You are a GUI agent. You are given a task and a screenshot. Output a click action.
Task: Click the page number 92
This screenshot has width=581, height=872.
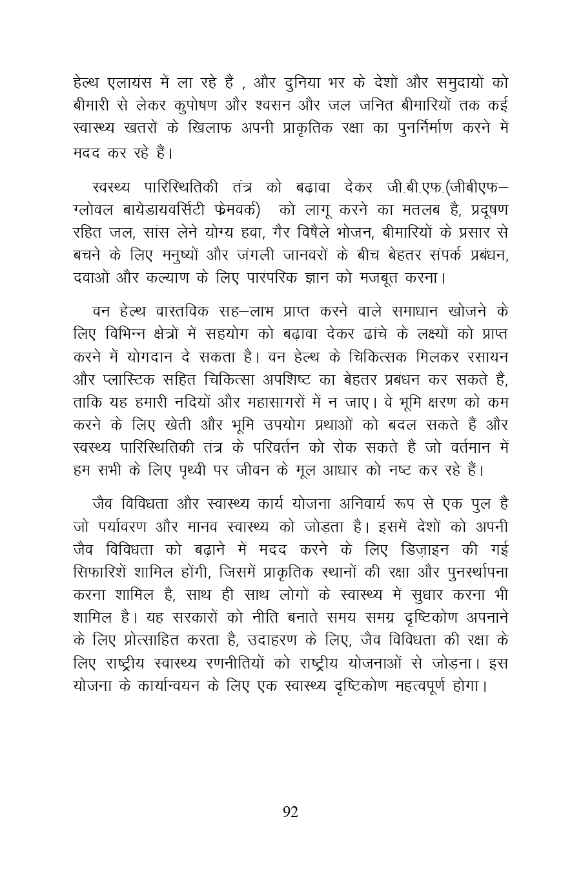click(x=290, y=812)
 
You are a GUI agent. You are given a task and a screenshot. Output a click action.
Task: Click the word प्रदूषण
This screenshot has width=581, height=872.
click(x=486, y=211)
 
